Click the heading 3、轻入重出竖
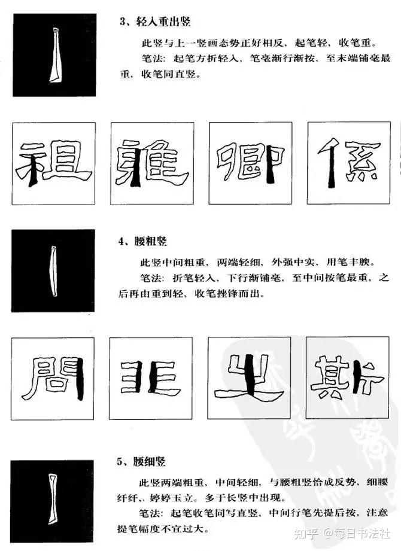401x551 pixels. click(154, 23)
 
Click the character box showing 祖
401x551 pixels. click(54, 163)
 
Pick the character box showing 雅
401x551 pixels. click(151, 163)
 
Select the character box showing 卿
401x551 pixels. click(250, 163)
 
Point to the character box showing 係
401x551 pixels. click(349, 163)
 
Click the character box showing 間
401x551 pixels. click(53, 378)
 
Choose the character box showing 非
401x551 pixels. click(151, 378)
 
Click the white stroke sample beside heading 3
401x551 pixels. click(54, 55)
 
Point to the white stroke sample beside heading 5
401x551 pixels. click(52, 500)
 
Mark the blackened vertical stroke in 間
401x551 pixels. click(78, 378)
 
